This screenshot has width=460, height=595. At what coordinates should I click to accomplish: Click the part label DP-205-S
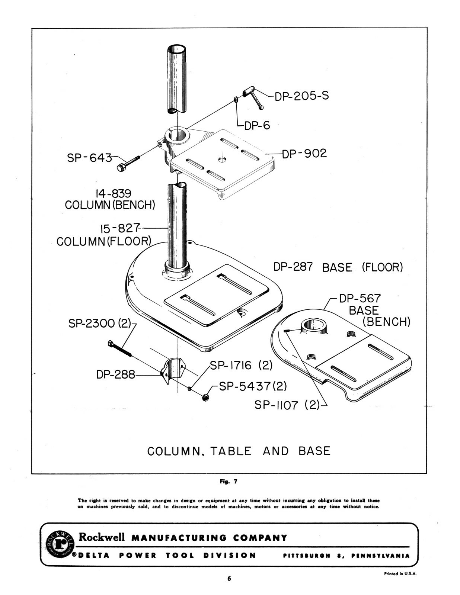click(x=302, y=96)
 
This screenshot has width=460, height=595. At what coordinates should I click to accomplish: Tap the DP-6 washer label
click(x=257, y=126)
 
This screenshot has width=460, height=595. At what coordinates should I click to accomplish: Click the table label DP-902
click(x=304, y=154)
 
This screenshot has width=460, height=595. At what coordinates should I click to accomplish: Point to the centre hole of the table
click(x=222, y=159)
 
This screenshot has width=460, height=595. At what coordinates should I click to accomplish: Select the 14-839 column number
click(x=114, y=193)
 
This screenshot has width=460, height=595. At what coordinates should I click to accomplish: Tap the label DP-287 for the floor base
click(x=293, y=267)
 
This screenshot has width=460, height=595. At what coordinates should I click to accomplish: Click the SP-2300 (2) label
click(x=100, y=324)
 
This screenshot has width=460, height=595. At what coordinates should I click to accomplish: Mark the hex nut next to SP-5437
click(x=205, y=398)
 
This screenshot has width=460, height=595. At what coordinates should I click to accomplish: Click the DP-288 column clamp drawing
click(x=173, y=370)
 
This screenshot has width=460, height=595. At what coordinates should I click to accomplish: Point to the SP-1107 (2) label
click(x=287, y=405)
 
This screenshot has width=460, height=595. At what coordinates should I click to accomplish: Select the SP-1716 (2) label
click(x=241, y=365)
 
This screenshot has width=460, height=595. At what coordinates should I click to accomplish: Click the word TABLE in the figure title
click(x=231, y=451)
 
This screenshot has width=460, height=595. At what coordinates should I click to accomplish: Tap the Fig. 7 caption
click(x=229, y=482)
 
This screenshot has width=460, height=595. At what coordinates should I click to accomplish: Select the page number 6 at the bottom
click(x=229, y=579)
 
